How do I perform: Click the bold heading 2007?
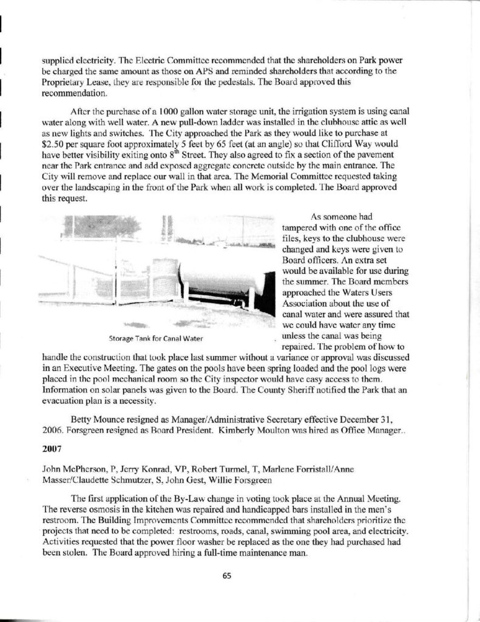click(52, 453)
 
